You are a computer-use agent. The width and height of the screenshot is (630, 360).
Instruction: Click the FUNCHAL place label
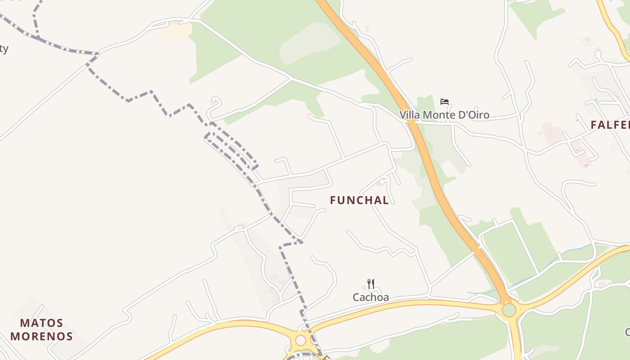pos(359,200)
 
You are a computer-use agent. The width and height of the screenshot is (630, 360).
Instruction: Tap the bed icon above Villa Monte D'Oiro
pos(445,102)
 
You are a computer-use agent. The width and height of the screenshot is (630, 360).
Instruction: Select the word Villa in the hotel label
pos(410,115)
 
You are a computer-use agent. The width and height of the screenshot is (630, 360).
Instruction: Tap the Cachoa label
pos(370,297)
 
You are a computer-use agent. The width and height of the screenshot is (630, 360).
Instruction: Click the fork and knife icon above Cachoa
pos(370,284)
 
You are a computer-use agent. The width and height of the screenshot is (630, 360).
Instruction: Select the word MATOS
pos(42,323)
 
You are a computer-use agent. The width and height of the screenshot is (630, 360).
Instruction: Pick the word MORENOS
pos(42,336)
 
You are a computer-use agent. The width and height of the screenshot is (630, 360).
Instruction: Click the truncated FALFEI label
pos(610,125)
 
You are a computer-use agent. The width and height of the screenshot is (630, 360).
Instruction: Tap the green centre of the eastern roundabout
pos(509,310)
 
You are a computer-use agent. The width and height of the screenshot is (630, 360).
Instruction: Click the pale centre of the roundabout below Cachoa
pos(300,340)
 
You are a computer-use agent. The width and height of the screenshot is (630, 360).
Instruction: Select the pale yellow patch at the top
pos(175,31)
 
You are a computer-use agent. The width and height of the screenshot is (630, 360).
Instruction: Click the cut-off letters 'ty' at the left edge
pos(4,49)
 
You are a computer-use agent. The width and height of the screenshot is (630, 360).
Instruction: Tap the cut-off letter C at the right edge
pos(627,333)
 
